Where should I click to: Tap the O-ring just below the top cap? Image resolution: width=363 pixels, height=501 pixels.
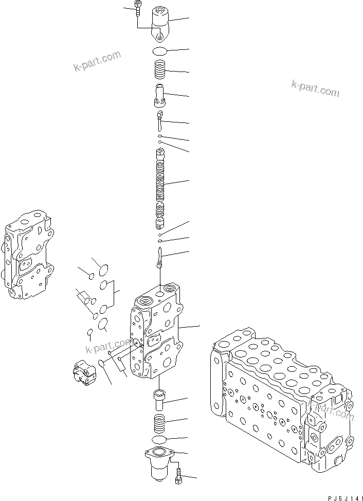[160, 50]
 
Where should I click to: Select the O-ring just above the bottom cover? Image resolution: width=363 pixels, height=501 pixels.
[160, 440]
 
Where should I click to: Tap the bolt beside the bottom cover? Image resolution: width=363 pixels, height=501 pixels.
[178, 475]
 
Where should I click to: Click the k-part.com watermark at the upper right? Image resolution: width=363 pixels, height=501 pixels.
[315, 88]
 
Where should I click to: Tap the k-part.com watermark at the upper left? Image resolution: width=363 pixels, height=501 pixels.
[97, 62]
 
